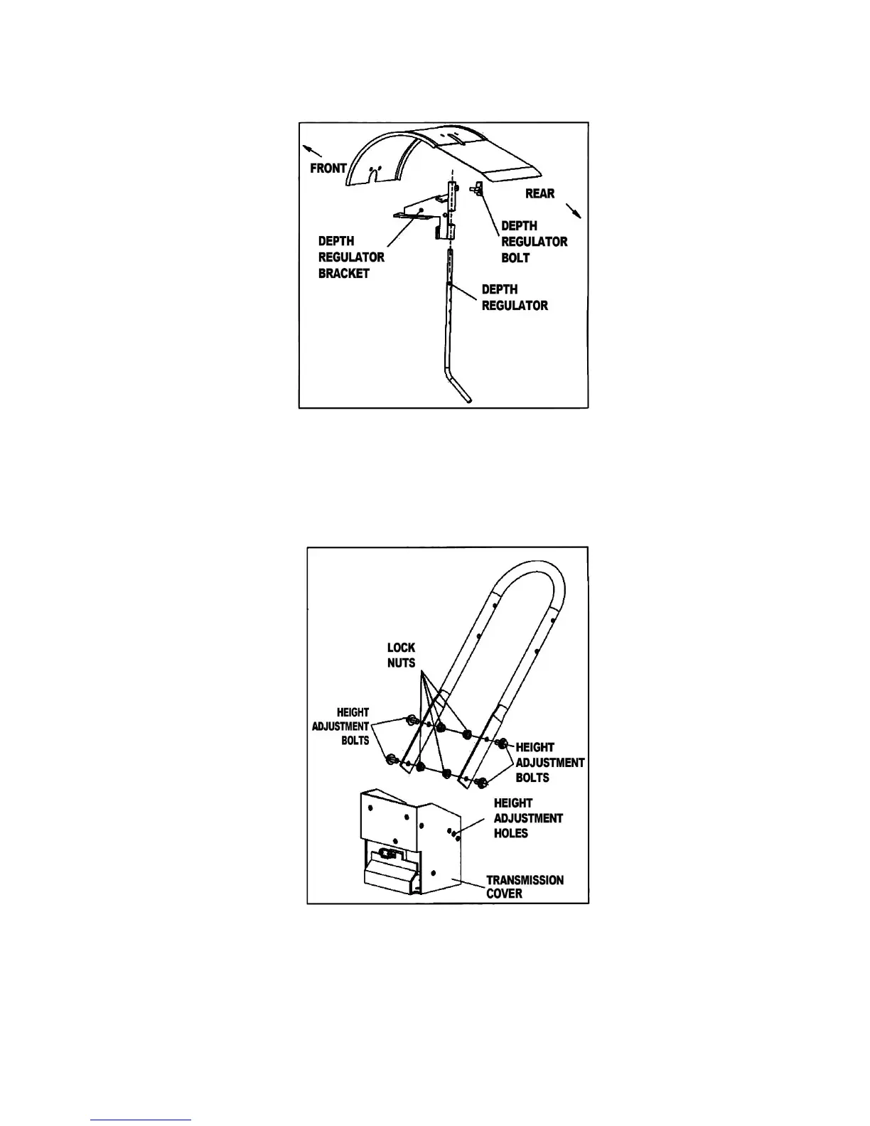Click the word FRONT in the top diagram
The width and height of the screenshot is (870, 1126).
pos(328,168)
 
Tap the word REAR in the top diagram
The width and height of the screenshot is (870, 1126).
pos(539,193)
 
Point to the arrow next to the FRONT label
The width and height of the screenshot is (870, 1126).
pos(313,151)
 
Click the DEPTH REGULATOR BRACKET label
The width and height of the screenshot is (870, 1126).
pos(351,257)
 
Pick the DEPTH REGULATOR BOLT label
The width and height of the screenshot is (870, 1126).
pos(534,242)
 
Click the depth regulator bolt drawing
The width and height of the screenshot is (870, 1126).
pos(478,189)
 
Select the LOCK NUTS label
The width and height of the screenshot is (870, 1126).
pos(401,655)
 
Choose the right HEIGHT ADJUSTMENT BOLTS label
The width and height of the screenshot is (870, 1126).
pos(549,762)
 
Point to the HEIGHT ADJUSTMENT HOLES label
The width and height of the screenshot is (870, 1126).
pos(527,818)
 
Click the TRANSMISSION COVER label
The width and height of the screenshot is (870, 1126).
pos(525,886)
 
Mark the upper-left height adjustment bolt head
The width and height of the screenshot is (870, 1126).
pos(410,720)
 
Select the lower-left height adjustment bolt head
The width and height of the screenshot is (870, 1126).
pos(391,760)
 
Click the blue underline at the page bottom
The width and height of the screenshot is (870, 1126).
pos(141,1120)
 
